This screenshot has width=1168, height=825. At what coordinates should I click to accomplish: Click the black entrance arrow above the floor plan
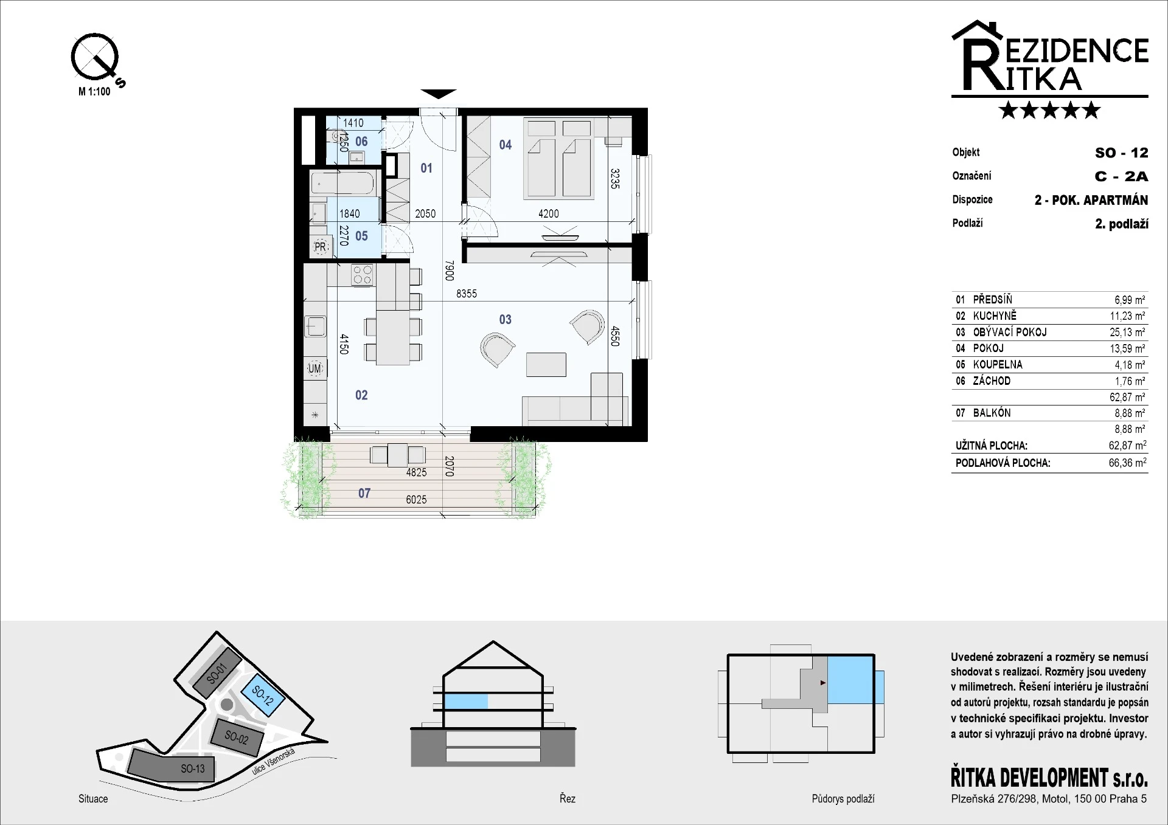438,94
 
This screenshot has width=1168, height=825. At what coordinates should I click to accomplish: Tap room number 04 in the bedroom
506,145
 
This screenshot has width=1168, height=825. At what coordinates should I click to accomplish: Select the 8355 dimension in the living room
467,294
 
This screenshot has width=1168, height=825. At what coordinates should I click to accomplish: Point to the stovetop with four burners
363,275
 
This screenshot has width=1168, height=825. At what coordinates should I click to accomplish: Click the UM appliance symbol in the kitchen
315,368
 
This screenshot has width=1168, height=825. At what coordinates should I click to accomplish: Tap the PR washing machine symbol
320,247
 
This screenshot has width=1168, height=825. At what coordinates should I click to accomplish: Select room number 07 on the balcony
364,494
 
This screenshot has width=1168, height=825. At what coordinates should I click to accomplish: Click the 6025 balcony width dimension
416,500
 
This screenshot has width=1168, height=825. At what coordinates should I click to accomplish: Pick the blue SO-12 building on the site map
263,694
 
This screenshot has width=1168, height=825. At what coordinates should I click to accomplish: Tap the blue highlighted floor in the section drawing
466,702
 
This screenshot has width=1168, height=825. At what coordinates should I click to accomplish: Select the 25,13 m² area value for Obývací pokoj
1127,332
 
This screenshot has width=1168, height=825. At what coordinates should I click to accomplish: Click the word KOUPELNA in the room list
998,365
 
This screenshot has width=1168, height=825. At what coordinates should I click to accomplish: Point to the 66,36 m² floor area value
1127,463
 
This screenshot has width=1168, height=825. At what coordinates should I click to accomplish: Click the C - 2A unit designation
1121,176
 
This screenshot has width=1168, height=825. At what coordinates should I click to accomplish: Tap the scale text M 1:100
94,92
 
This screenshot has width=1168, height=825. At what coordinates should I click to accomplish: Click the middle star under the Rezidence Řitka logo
1049,110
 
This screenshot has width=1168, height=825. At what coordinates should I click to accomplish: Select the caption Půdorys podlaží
843,799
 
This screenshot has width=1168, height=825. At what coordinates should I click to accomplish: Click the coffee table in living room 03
546,365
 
